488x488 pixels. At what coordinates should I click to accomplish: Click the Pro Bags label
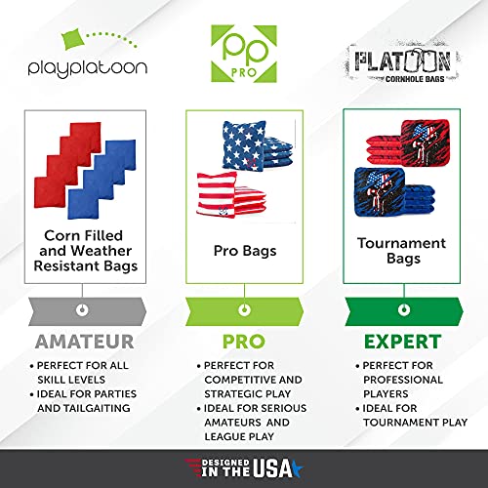[x=243, y=251]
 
